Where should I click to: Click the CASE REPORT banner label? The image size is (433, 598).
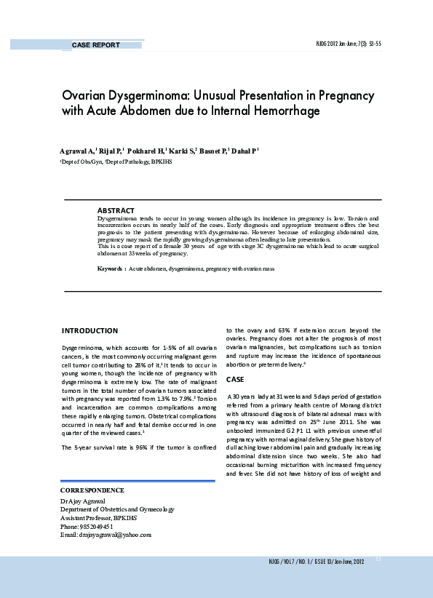95,45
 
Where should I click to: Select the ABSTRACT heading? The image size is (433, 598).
116,210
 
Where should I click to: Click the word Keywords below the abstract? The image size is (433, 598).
111,269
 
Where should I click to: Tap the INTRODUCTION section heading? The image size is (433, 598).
89,331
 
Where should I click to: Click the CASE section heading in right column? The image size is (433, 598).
235,380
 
